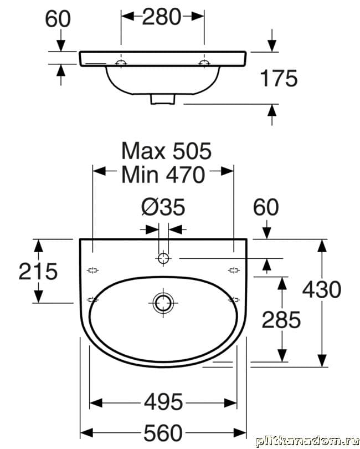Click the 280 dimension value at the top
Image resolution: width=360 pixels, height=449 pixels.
[x=162, y=17]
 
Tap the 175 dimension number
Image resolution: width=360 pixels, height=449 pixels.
[x=279, y=78]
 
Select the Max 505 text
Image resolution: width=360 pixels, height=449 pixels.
[x=166, y=151]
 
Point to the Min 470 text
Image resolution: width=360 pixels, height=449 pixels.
[x=163, y=175]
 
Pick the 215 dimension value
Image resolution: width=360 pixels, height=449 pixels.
[x=38, y=271]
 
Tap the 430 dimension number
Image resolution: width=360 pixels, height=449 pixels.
[x=322, y=289]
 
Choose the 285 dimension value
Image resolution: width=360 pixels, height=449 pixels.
[x=281, y=320]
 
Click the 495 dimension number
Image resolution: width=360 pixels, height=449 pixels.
[x=163, y=402]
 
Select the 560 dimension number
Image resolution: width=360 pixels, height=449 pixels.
[x=163, y=433]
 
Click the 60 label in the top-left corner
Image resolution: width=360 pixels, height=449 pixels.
[x=58, y=19]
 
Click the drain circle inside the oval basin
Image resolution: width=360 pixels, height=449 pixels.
[x=163, y=303]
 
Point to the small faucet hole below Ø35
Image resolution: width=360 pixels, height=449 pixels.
[x=163, y=258]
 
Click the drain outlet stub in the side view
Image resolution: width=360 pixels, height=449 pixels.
[x=162, y=99]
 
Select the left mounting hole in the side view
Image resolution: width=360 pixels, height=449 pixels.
[x=121, y=63]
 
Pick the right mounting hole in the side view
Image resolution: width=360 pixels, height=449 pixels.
[x=204, y=63]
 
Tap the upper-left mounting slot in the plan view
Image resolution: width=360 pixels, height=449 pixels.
[x=92, y=270]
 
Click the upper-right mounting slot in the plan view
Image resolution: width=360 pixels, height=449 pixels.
[x=234, y=270]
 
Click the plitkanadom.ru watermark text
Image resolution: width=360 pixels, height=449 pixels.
[x=307, y=441]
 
